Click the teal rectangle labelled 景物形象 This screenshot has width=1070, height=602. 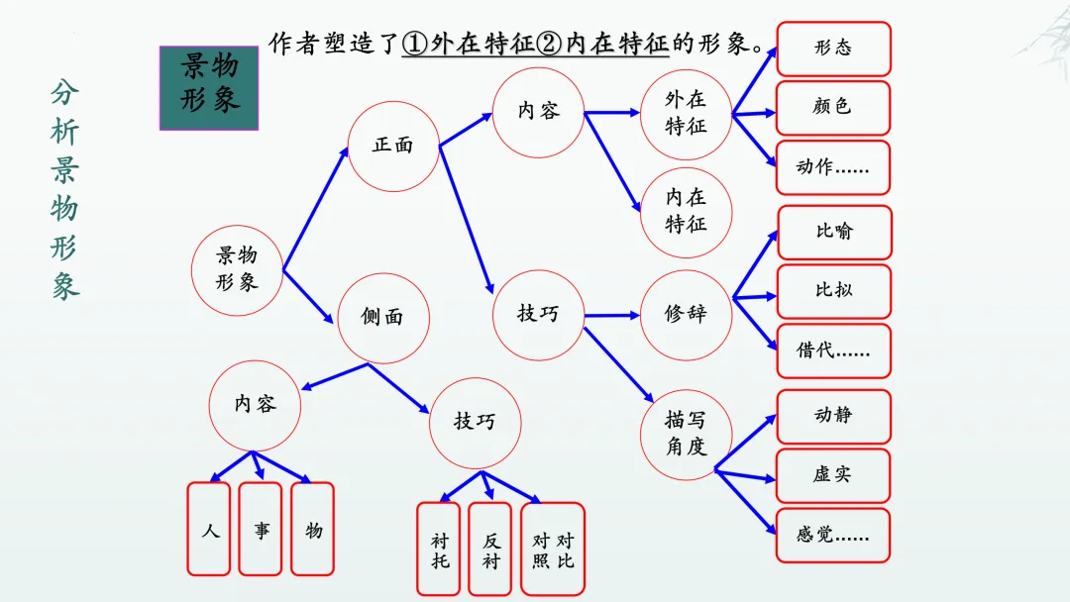(209, 87)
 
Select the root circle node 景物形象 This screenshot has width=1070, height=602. (237, 269)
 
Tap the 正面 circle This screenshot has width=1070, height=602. (392, 146)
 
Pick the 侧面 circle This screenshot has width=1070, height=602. (382, 318)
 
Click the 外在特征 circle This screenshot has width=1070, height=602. (686, 114)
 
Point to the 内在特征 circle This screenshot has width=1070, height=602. (686, 212)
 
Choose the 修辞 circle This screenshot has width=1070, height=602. (686, 315)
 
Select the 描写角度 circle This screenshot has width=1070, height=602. (686, 434)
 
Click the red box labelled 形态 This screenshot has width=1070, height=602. (833, 49)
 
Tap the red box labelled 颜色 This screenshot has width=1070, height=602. (833, 107)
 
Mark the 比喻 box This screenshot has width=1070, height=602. (834, 232)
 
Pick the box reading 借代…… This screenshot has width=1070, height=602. (833, 351)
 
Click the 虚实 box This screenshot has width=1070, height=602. (833, 475)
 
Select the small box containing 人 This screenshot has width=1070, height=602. (209, 529)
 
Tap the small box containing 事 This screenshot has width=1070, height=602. (261, 529)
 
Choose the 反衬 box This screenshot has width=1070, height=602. (490, 550)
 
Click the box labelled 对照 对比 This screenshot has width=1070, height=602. (553, 550)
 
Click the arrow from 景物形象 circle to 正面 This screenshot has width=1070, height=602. (316, 209)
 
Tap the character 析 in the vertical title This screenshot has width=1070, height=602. (65, 132)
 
